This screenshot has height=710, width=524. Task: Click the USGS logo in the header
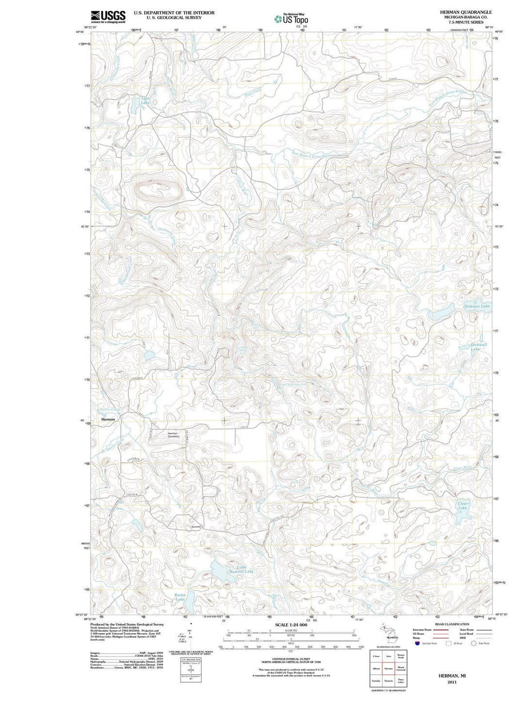(x=108, y=16)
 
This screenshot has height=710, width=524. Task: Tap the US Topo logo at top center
(x=291, y=18)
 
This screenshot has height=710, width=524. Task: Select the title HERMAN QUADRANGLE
(x=465, y=12)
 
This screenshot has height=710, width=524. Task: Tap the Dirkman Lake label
(x=477, y=307)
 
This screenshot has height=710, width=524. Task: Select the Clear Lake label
(x=463, y=506)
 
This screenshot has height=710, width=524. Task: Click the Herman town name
(x=109, y=419)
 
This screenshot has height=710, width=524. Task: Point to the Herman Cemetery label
(x=173, y=435)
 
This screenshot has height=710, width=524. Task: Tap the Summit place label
(x=196, y=527)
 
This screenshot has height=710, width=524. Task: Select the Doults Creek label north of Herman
(x=109, y=409)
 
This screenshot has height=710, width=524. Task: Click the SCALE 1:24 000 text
(x=291, y=625)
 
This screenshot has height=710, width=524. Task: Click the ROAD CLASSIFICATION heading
(x=452, y=624)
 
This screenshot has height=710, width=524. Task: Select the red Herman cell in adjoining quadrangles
(x=388, y=668)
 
